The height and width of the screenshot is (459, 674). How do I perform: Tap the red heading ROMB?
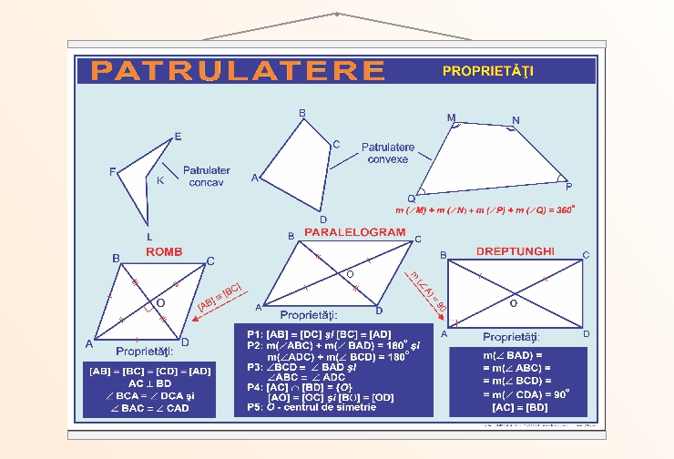click(164, 251)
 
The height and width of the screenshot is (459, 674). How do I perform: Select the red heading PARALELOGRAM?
click(354, 233)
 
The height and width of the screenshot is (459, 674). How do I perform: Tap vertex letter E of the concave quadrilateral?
click(178, 137)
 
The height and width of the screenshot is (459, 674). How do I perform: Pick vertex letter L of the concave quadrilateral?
click(149, 236)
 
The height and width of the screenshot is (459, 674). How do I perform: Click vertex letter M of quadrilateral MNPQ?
click(451, 118)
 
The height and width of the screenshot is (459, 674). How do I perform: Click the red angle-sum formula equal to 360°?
click(485, 209)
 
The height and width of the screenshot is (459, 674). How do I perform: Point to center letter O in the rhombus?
click(160, 302)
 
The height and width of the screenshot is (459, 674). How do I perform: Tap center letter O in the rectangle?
click(514, 302)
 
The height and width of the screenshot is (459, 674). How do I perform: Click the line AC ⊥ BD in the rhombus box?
click(149, 383)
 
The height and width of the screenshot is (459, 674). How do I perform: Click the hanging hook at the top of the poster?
click(337, 15)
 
